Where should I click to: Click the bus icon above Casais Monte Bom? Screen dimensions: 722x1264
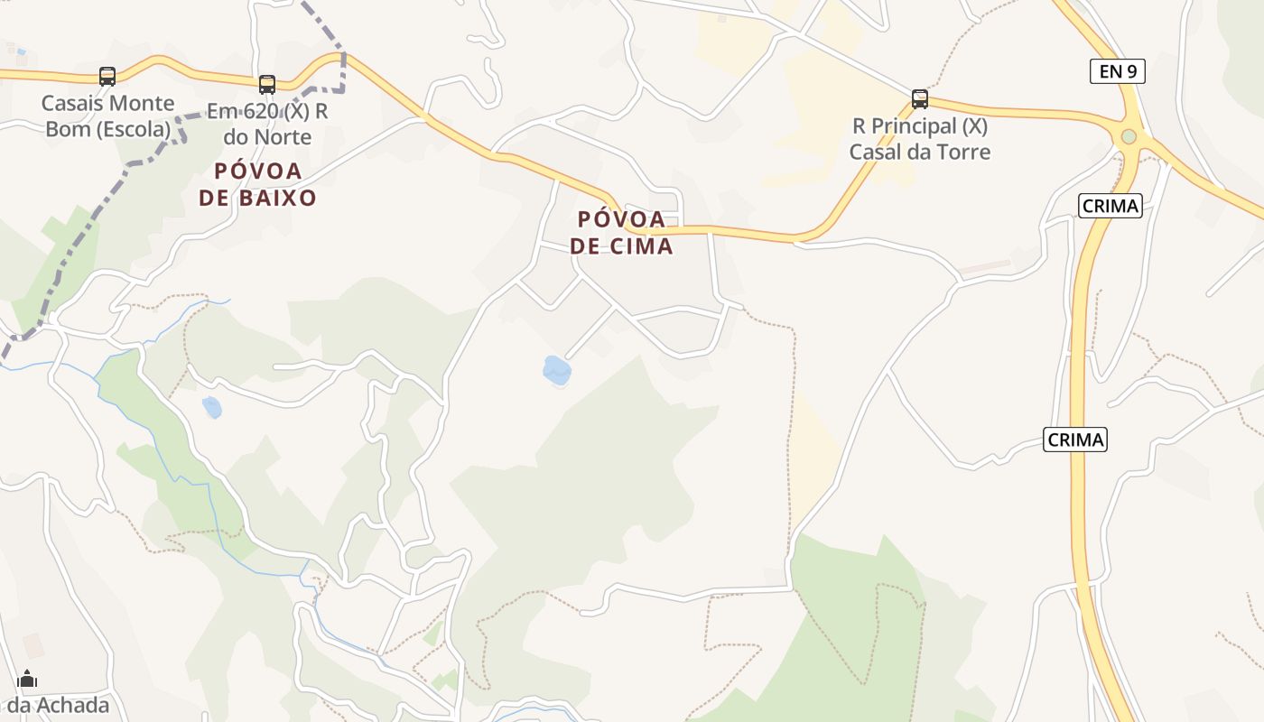107,77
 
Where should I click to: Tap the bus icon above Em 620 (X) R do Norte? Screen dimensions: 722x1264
267,85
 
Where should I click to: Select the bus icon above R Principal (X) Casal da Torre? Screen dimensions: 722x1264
920,98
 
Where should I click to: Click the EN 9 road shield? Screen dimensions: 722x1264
1117,71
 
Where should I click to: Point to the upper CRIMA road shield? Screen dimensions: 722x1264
1110,206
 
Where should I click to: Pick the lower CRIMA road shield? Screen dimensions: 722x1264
1075,440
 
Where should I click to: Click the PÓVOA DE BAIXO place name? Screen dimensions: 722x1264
258,184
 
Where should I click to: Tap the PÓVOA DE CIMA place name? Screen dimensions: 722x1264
622,232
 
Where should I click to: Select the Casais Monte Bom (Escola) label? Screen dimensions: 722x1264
108,116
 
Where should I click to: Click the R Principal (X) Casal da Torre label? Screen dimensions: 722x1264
920,138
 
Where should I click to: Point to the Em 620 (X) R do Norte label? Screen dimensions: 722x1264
267,124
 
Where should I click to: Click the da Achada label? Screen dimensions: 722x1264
59,706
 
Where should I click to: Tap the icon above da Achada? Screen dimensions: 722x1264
28,679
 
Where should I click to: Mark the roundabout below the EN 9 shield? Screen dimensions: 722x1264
1129,137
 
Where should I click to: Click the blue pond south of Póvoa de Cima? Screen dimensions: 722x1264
556,370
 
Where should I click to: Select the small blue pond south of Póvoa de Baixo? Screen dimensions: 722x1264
211,408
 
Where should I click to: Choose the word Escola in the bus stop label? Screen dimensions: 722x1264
136,129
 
